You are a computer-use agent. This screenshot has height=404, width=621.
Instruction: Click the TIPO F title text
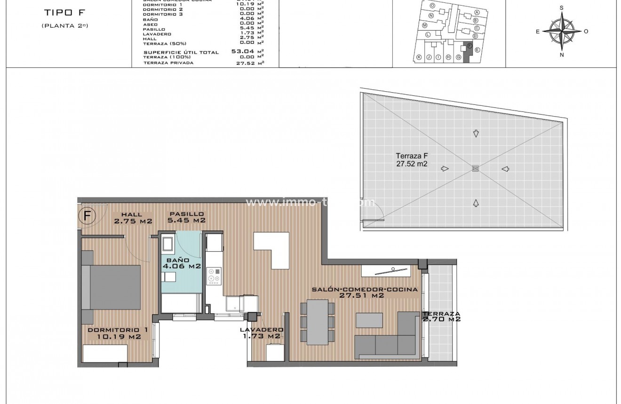(x=64, y=13)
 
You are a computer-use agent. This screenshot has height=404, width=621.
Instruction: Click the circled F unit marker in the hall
(x=87, y=215)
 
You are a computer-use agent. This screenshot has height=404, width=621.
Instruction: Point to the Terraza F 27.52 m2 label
(x=412, y=160)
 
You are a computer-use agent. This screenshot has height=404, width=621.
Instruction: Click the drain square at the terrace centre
(x=475, y=168)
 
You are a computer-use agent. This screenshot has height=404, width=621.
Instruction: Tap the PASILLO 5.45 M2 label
(x=187, y=217)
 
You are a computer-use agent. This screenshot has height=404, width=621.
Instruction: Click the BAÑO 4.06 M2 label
(x=182, y=263)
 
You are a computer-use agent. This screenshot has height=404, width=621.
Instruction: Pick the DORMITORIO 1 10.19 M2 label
(x=118, y=333)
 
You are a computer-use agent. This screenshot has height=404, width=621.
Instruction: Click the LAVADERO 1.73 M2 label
(x=261, y=333)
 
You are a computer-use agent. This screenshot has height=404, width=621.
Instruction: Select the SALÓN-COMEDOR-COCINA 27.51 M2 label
(x=364, y=293)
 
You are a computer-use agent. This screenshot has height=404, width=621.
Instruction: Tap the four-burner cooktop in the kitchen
(x=214, y=276)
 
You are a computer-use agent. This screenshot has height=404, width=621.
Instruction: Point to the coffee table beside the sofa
(x=369, y=320)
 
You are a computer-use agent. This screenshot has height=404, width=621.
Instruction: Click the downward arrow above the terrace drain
(x=476, y=134)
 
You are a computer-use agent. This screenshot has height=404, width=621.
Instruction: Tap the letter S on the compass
(x=562, y=8)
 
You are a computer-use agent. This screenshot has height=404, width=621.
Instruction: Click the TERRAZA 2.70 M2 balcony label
(x=441, y=317)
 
